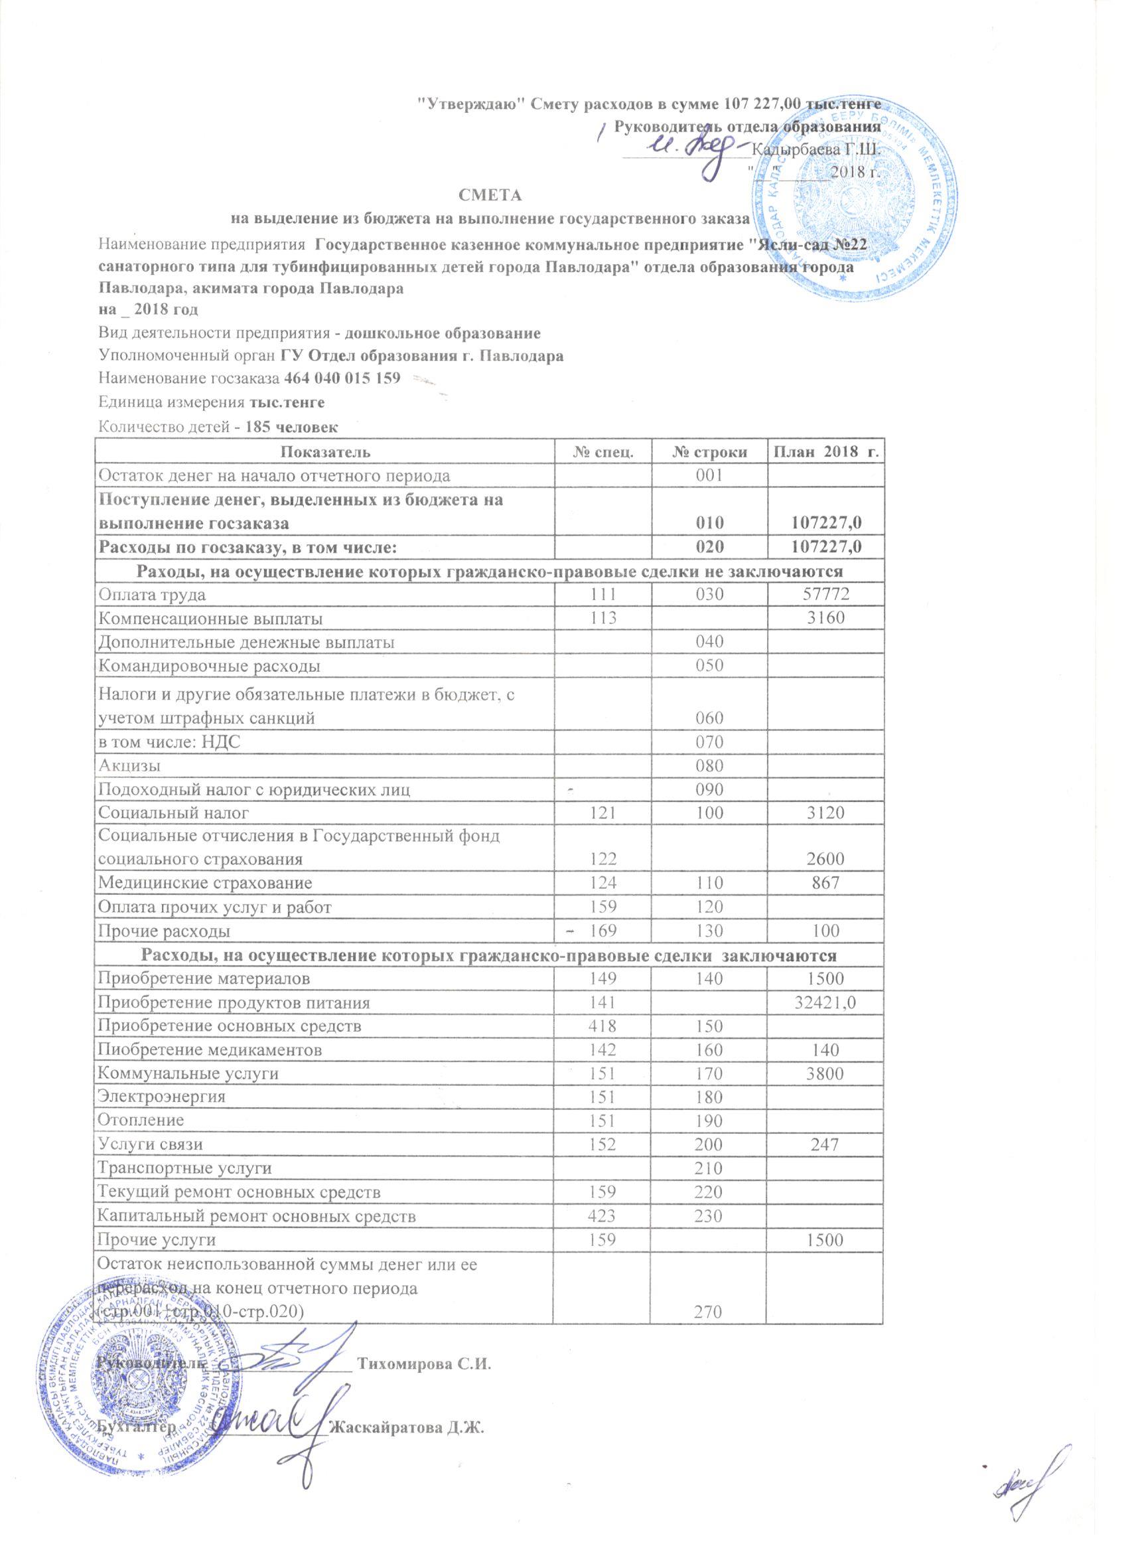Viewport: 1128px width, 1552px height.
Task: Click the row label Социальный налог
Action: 174,813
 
